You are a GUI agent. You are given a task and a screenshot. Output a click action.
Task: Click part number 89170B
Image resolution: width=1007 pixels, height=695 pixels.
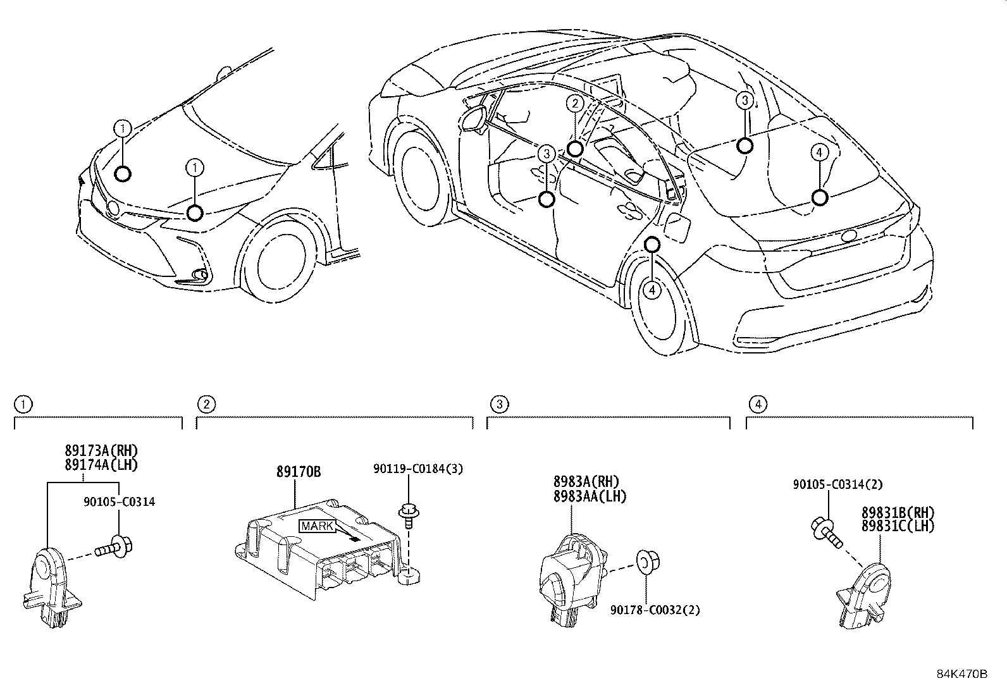[299, 472]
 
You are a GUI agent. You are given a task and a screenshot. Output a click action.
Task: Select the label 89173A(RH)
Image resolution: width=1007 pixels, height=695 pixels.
[101, 450]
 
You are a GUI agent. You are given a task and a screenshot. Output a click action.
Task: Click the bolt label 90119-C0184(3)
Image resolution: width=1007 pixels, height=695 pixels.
[417, 469]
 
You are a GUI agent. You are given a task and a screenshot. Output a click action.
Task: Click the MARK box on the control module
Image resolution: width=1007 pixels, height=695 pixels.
[316, 526]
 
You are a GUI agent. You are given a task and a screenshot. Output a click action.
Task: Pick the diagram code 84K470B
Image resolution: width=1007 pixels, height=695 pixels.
[961, 674]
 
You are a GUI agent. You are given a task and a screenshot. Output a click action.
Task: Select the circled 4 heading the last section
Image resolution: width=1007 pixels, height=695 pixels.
[757, 403]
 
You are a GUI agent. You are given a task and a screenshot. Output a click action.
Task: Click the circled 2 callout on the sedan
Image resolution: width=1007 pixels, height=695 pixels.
[574, 104]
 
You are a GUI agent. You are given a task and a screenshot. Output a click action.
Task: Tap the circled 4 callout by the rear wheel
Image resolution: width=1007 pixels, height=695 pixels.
[652, 290]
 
